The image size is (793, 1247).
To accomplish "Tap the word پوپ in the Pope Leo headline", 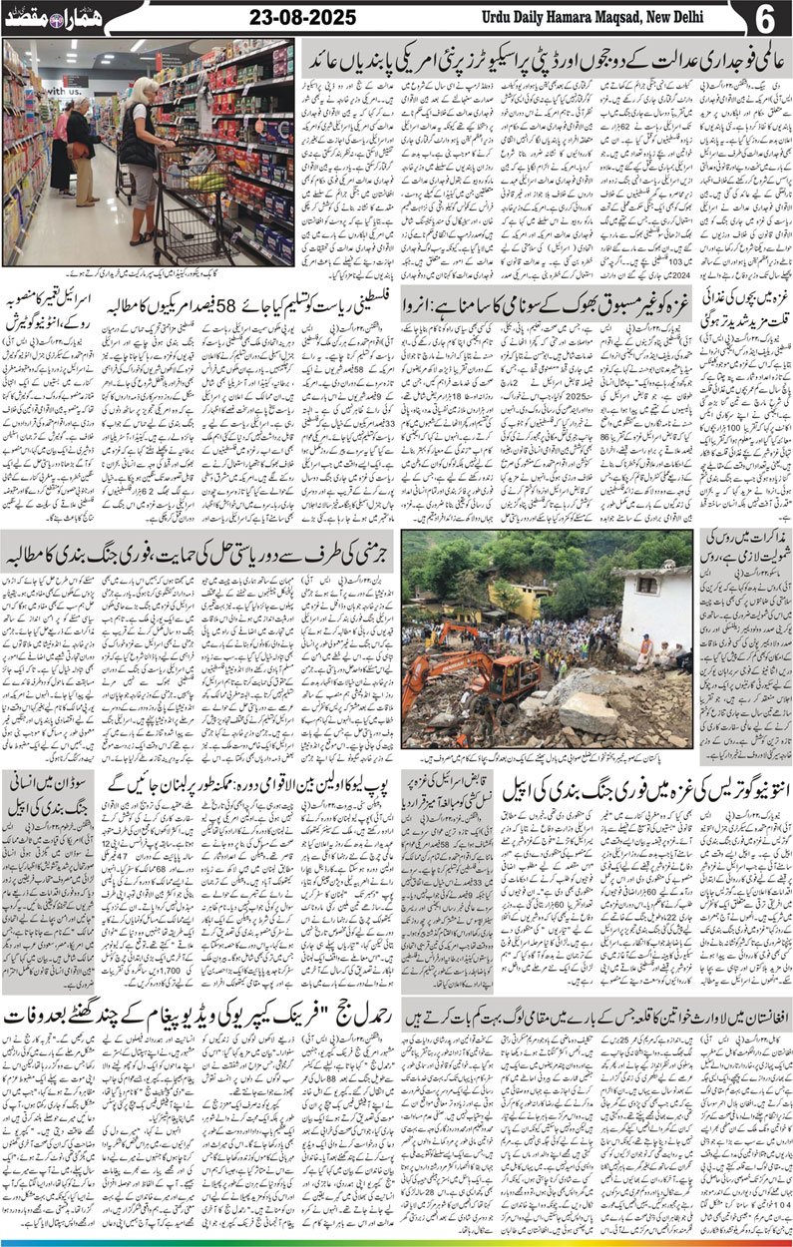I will [372, 781].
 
